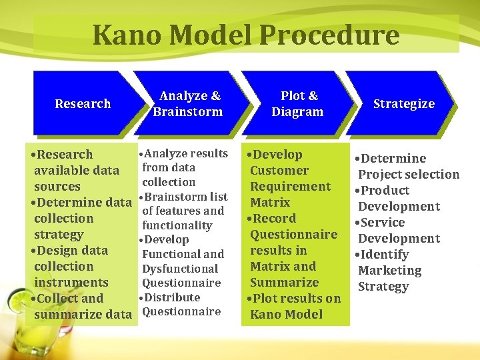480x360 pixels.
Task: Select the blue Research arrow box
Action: [83, 103]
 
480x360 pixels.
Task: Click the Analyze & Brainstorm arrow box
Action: [188, 103]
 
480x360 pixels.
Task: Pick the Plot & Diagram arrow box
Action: [297, 103]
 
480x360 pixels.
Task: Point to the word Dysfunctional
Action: [180, 269]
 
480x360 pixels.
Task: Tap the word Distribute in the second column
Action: [172, 297]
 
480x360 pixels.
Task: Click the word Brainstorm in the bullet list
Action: [177, 197]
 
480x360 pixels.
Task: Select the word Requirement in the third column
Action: [290, 187]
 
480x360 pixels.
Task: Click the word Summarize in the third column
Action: [284, 282]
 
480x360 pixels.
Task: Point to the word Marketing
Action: [389, 271]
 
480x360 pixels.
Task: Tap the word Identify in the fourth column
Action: [385, 255]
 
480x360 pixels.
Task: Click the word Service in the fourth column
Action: [383, 223]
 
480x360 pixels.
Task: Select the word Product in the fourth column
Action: [385, 191]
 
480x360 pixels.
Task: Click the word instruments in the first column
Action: [71, 283]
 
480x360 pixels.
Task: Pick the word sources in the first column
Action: [57, 187]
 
